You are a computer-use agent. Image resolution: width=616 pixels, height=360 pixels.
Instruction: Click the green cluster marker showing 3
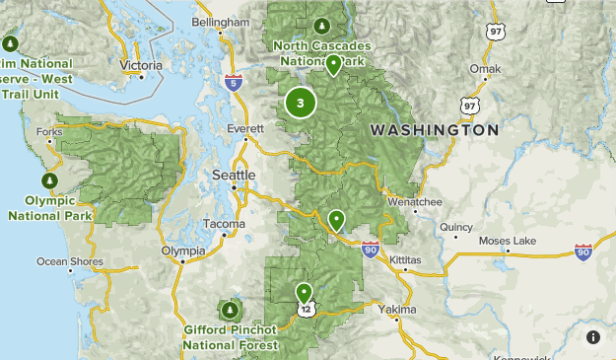[301, 102]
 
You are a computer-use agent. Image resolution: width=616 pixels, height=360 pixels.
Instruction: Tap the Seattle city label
[234, 175]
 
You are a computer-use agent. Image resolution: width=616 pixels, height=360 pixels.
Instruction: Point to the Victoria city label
[141, 65]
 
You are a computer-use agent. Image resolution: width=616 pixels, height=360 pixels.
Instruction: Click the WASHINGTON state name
[434, 130]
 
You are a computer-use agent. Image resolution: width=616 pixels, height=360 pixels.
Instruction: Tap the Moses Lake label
[507, 241]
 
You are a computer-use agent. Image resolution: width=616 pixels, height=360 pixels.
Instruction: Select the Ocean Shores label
[70, 261]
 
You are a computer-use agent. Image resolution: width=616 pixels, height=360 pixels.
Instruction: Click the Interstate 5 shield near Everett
[233, 83]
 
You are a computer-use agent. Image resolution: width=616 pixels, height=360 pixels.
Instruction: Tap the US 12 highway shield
[308, 310]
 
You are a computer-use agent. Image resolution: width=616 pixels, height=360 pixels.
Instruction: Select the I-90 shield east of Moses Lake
[582, 253]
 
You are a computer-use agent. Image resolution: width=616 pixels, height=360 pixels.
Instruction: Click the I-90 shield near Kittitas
[370, 249]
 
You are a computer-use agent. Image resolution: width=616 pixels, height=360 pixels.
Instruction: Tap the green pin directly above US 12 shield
[304, 292]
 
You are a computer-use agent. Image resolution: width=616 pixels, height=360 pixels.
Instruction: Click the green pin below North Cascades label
[334, 65]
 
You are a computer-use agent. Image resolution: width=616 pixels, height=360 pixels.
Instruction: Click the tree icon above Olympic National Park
[49, 180]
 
